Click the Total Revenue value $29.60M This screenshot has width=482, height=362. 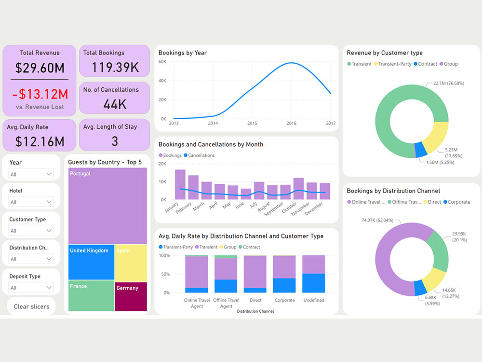click(x=39, y=68)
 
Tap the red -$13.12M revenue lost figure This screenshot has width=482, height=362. click(x=39, y=94)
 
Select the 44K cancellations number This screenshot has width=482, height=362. click(x=114, y=104)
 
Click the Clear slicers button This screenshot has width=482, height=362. click(x=31, y=306)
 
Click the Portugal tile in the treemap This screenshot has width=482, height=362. click(x=107, y=205)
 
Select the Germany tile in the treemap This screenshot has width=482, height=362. click(x=131, y=296)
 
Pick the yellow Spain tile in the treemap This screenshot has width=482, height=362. click(x=131, y=263)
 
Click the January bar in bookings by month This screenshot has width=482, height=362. click(x=180, y=184)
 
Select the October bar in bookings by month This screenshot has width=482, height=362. click(x=299, y=188)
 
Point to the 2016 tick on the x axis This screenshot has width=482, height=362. click(x=291, y=124)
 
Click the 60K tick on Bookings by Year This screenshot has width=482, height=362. click(x=163, y=62)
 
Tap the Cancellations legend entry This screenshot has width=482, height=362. click(x=201, y=155)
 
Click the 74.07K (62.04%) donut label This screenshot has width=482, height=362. click(x=377, y=220)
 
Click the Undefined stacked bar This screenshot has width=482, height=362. click(x=313, y=274)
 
